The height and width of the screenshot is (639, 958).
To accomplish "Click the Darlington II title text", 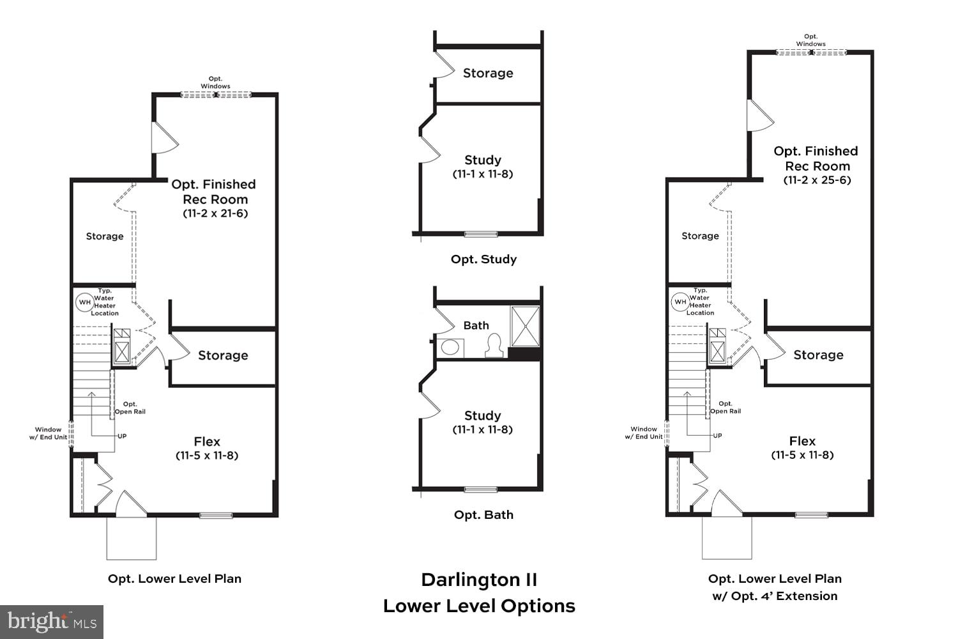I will coord(479,580).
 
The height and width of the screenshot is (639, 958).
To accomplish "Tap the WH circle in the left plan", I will coord(84,302).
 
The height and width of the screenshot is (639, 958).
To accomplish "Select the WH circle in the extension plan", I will coord(680,302).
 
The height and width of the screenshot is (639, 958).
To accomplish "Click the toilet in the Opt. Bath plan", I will coord(494,346).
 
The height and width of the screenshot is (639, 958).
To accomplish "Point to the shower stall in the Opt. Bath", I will coord(525,326).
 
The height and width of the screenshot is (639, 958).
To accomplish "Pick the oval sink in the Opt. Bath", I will coord(450,348).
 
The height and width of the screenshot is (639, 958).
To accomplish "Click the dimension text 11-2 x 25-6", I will coord(817,180).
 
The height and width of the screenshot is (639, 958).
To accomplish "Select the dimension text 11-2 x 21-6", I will coord(215,213).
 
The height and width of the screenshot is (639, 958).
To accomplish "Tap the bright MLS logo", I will coord(52,622).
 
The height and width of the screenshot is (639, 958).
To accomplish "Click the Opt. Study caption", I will coord(483,259).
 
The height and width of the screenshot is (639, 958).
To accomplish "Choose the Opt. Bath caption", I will coord(483,515).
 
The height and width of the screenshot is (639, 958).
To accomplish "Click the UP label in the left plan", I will coord(121,436).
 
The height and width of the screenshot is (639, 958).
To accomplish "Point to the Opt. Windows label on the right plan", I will coord(810,40).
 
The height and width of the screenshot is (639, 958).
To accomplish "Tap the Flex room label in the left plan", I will coord(207,442).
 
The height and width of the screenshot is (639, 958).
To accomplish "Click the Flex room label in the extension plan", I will coord(802,441).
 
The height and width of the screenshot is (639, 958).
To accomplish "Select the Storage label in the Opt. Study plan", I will coord(488,73).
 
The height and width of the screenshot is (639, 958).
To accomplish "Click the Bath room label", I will coord(476,326).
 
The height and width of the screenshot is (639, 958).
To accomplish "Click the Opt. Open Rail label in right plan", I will coord(726,407).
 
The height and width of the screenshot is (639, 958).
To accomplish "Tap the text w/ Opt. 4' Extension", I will coord(775,596).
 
